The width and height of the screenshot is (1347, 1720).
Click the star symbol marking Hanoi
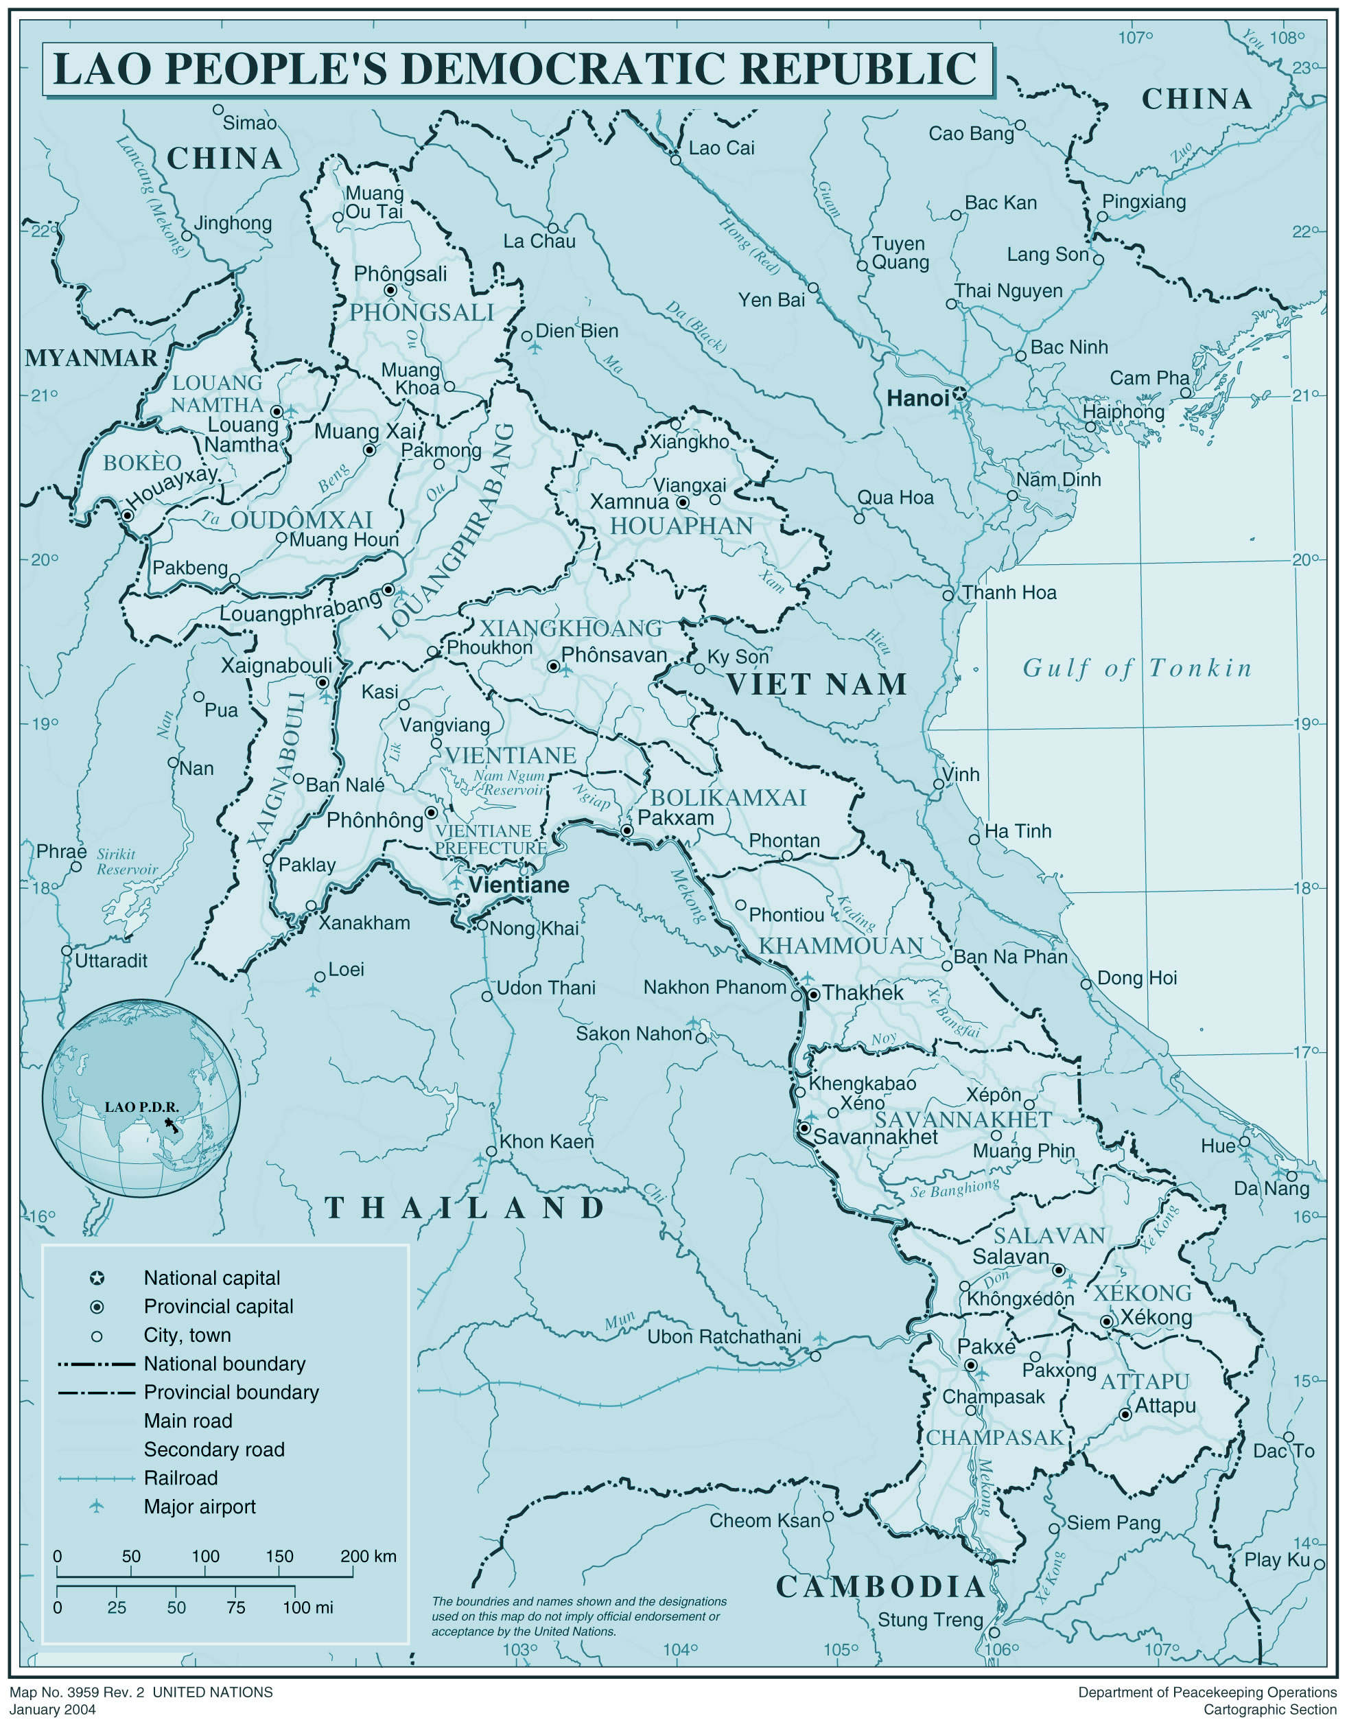959,393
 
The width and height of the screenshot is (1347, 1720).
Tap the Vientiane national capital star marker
463,900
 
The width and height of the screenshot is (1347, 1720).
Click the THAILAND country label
465,1208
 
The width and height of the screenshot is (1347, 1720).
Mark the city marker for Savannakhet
804,1128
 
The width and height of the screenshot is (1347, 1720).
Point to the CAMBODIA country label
880,1586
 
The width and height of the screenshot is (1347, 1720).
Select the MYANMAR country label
91,358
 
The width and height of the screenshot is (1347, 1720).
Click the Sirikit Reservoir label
127,861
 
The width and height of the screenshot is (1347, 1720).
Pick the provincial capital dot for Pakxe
971,1365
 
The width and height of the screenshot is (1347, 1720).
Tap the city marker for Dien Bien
527,336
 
